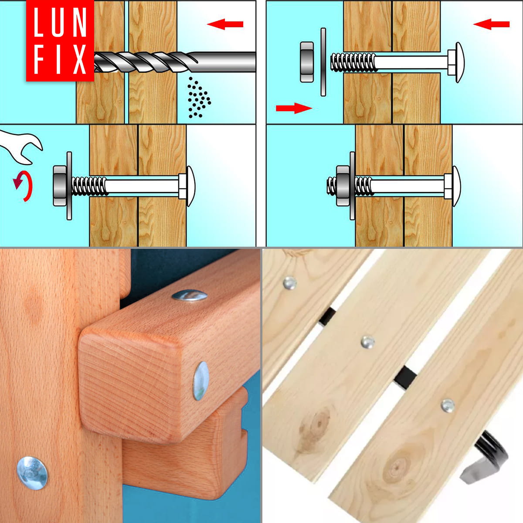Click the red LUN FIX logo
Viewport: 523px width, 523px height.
[x=60, y=41]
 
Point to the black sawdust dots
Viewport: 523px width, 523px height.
[x=199, y=98]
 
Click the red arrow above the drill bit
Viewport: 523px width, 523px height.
[x=225, y=24]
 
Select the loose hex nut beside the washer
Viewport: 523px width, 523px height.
[x=307, y=62]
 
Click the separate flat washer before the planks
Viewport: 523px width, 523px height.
[x=323, y=62]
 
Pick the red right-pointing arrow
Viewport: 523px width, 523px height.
[x=294, y=108]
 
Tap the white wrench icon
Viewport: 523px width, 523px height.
[x=20, y=147]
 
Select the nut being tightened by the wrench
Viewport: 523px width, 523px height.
[x=60, y=186]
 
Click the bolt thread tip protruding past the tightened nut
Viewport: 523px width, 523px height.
[x=331, y=186]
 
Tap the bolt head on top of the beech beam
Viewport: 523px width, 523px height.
[x=190, y=295]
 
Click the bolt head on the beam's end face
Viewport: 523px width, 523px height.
[x=201, y=381]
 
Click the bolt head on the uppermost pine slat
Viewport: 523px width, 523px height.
[x=290, y=282]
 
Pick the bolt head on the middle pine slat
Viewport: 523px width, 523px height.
[x=368, y=342]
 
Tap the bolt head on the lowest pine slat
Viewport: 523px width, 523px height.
[x=448, y=405]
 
